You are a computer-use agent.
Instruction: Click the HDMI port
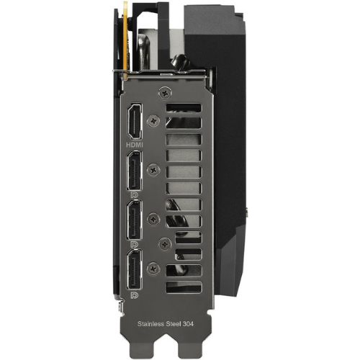(x=135, y=121)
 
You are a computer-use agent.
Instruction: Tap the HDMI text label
(x=135, y=145)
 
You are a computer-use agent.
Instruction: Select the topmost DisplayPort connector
(x=135, y=171)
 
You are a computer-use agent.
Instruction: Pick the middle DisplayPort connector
(x=135, y=220)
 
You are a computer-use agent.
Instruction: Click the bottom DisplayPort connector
(x=135, y=269)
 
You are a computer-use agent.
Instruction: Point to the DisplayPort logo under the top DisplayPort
(x=135, y=195)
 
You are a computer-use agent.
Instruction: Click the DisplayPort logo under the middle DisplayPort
(x=135, y=244)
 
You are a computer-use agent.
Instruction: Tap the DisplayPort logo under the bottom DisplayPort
(x=135, y=295)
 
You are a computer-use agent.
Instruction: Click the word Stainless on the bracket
(x=150, y=324)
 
